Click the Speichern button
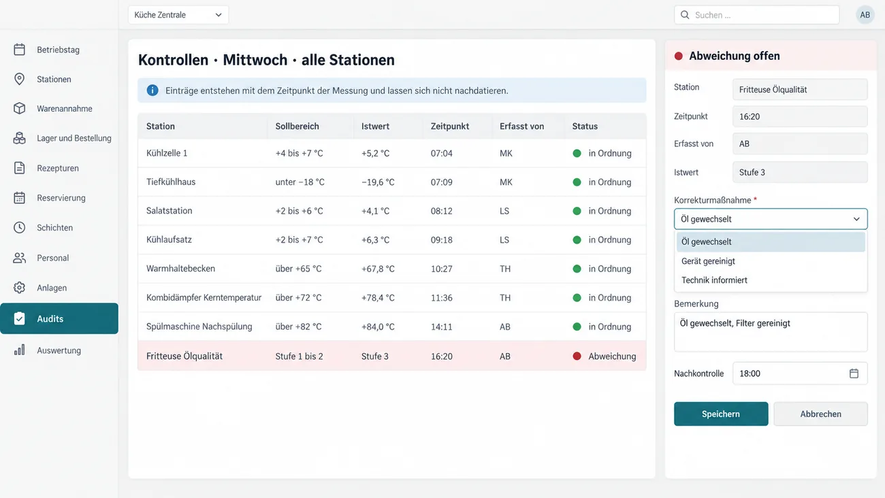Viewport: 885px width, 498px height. click(x=721, y=414)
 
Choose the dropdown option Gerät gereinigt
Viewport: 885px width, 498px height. click(x=708, y=261)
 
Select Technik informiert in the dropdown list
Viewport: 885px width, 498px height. click(x=714, y=280)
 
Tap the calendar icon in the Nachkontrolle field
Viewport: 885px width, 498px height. click(x=854, y=373)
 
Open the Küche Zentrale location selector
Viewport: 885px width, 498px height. click(x=178, y=15)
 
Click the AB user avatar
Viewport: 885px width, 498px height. click(x=865, y=15)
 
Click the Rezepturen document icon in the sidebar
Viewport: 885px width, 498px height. click(x=19, y=168)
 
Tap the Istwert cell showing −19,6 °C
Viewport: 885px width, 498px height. click(x=378, y=182)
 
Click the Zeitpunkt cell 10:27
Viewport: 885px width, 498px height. click(x=441, y=269)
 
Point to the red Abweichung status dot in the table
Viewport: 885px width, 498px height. click(x=577, y=356)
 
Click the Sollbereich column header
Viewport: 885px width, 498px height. click(x=297, y=127)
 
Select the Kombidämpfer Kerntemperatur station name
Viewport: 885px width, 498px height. click(x=204, y=298)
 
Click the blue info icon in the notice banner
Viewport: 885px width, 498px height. click(x=152, y=90)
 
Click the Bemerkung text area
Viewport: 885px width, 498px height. click(x=771, y=332)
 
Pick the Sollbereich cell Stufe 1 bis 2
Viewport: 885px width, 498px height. click(x=299, y=356)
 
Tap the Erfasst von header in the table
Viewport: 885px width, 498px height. click(x=521, y=127)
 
